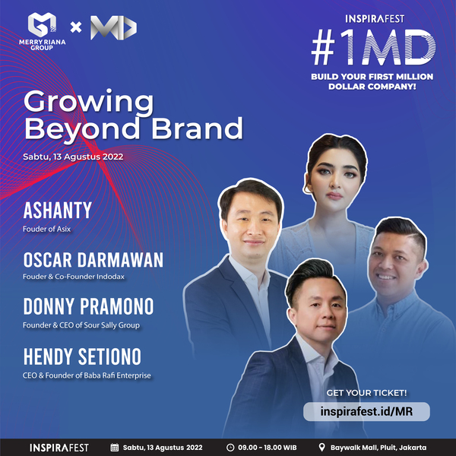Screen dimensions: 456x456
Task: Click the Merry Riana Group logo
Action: [x=42, y=31]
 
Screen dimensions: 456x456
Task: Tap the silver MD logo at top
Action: [x=113, y=28]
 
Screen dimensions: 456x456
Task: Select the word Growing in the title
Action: [x=89, y=103]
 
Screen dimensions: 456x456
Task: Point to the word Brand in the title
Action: [x=197, y=128]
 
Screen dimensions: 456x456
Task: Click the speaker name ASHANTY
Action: [x=57, y=211]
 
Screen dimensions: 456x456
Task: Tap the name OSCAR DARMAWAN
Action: [x=93, y=260]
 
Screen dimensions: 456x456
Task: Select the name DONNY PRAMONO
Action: [x=88, y=306]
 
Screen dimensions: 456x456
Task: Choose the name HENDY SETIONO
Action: [x=82, y=356]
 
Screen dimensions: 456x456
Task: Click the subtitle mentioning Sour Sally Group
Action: [x=81, y=325]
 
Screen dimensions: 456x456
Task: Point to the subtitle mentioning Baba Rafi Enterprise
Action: [x=87, y=375]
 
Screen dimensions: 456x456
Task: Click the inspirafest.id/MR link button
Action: [x=366, y=411]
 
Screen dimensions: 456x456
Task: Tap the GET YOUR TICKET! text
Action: [x=366, y=393]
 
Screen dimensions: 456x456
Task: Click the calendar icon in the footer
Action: [x=115, y=448]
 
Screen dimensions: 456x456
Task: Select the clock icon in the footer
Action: [x=230, y=448]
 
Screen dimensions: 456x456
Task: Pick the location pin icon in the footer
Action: [x=321, y=448]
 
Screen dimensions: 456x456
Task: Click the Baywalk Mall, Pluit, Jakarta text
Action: [x=378, y=448]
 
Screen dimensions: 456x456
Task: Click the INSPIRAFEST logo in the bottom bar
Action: [x=59, y=448]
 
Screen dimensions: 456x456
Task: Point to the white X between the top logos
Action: [x=76, y=27]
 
